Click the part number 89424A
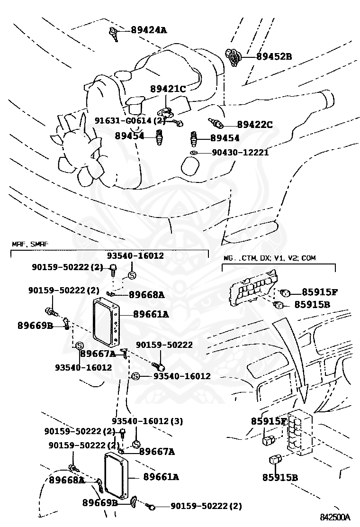coord(149,30)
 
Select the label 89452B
coord(274,56)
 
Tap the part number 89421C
coord(168,89)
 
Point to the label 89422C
coord(255,125)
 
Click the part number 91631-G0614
coord(125,121)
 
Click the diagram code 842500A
coord(334,517)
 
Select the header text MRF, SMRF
coord(30,245)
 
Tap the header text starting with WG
coord(270,258)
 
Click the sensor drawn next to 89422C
coord(216,123)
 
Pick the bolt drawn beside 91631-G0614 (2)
coord(178,123)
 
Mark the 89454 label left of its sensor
coord(129,136)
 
